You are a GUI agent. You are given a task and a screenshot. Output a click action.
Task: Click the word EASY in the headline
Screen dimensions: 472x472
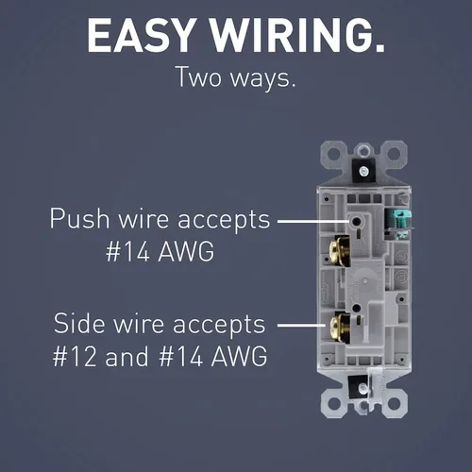coord(140,35)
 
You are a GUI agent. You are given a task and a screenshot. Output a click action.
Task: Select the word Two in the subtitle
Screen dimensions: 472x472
coord(199,76)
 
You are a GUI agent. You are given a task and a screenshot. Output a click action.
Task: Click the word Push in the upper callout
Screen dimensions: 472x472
coord(79,218)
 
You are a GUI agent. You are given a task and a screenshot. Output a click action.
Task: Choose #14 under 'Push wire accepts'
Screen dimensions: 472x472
coord(127,252)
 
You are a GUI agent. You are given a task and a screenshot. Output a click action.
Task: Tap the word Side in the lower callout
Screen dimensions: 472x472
coord(79,323)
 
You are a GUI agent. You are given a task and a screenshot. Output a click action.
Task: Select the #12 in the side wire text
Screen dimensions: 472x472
coord(75,357)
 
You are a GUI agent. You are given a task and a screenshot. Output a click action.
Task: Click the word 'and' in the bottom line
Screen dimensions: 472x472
coord(126,357)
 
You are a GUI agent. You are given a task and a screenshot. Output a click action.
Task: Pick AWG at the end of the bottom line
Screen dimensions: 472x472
coord(239,357)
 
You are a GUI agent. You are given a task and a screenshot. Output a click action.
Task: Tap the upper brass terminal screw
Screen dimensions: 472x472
coord(339,251)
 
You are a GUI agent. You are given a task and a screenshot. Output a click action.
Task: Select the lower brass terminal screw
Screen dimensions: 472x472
coord(339,328)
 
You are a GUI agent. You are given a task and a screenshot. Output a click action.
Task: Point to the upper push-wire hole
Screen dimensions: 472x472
coord(357,222)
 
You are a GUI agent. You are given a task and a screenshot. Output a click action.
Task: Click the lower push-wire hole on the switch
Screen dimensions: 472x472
coord(356,309)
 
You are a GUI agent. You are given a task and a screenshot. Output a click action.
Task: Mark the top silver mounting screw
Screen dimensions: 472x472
coord(363,172)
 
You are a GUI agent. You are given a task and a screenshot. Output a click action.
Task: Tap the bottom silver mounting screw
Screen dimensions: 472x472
coord(363,388)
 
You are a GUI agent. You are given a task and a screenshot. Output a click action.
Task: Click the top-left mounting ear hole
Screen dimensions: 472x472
coord(334,154)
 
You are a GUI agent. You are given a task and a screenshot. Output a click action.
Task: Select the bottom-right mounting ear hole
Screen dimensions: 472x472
coord(394,404)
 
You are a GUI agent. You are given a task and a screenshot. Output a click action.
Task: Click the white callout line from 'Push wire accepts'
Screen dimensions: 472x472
coord(313,221)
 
